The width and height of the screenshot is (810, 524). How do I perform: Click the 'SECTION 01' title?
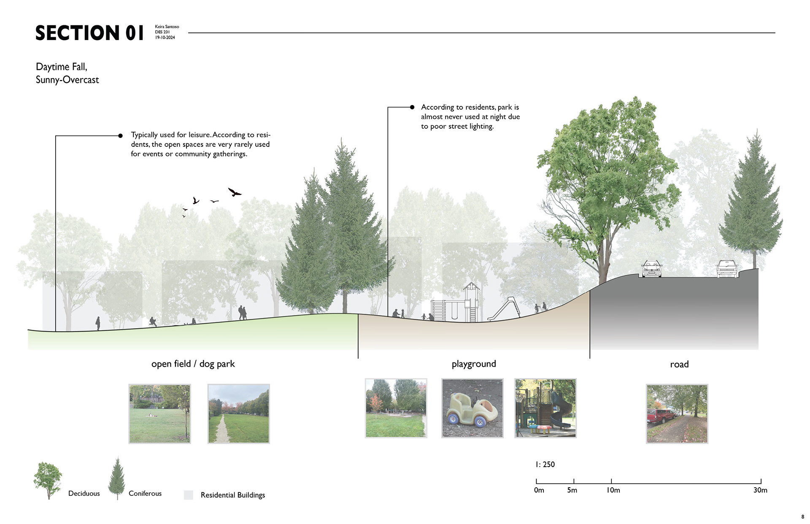tap(89, 33)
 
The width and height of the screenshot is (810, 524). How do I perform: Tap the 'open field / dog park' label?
tap(193, 364)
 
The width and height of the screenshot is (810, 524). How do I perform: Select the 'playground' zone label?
tap(474, 364)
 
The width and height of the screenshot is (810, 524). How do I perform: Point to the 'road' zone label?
tap(679, 364)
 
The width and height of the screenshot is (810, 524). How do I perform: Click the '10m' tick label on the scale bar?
tap(613, 490)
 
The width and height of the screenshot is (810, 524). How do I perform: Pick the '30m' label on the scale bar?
tap(760, 490)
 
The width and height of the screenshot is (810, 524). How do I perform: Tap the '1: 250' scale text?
tap(545, 465)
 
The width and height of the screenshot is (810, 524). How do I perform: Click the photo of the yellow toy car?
tap(472, 408)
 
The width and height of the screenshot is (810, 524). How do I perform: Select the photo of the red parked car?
tap(677, 413)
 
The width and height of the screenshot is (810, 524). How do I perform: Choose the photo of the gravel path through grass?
tap(238, 413)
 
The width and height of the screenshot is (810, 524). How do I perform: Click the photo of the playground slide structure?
tap(545, 408)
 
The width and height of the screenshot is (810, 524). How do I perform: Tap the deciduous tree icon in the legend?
tap(48, 480)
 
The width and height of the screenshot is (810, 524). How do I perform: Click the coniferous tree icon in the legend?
tap(117, 479)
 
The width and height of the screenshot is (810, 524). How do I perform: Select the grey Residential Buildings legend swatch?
tap(189, 495)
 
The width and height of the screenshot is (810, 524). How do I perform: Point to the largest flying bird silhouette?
tap(234, 192)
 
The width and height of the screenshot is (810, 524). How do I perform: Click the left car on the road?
tap(651, 269)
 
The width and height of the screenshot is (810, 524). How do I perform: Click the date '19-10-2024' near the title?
tap(165, 38)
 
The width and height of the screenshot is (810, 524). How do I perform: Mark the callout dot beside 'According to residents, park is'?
tap(412, 107)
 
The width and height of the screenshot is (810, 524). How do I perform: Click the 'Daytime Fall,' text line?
tap(62, 67)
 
